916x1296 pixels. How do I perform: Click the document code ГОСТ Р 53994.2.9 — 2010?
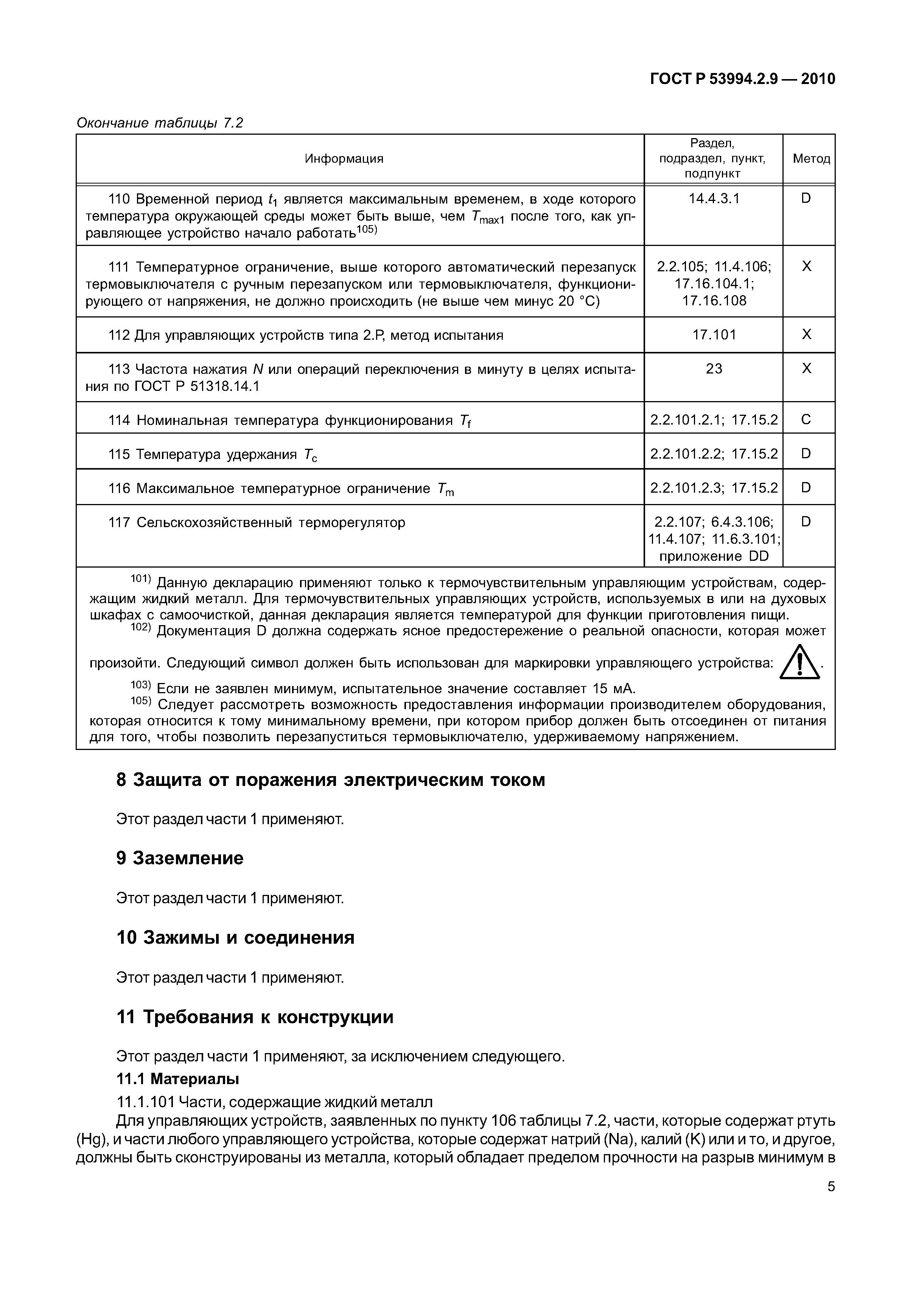point(742,79)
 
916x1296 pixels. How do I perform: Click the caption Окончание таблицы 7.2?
point(160,123)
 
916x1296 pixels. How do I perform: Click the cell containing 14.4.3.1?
point(713,199)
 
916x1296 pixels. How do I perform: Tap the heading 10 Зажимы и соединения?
point(235,938)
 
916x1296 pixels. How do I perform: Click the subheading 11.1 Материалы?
point(178,1079)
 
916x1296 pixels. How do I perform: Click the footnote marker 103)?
point(141,685)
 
